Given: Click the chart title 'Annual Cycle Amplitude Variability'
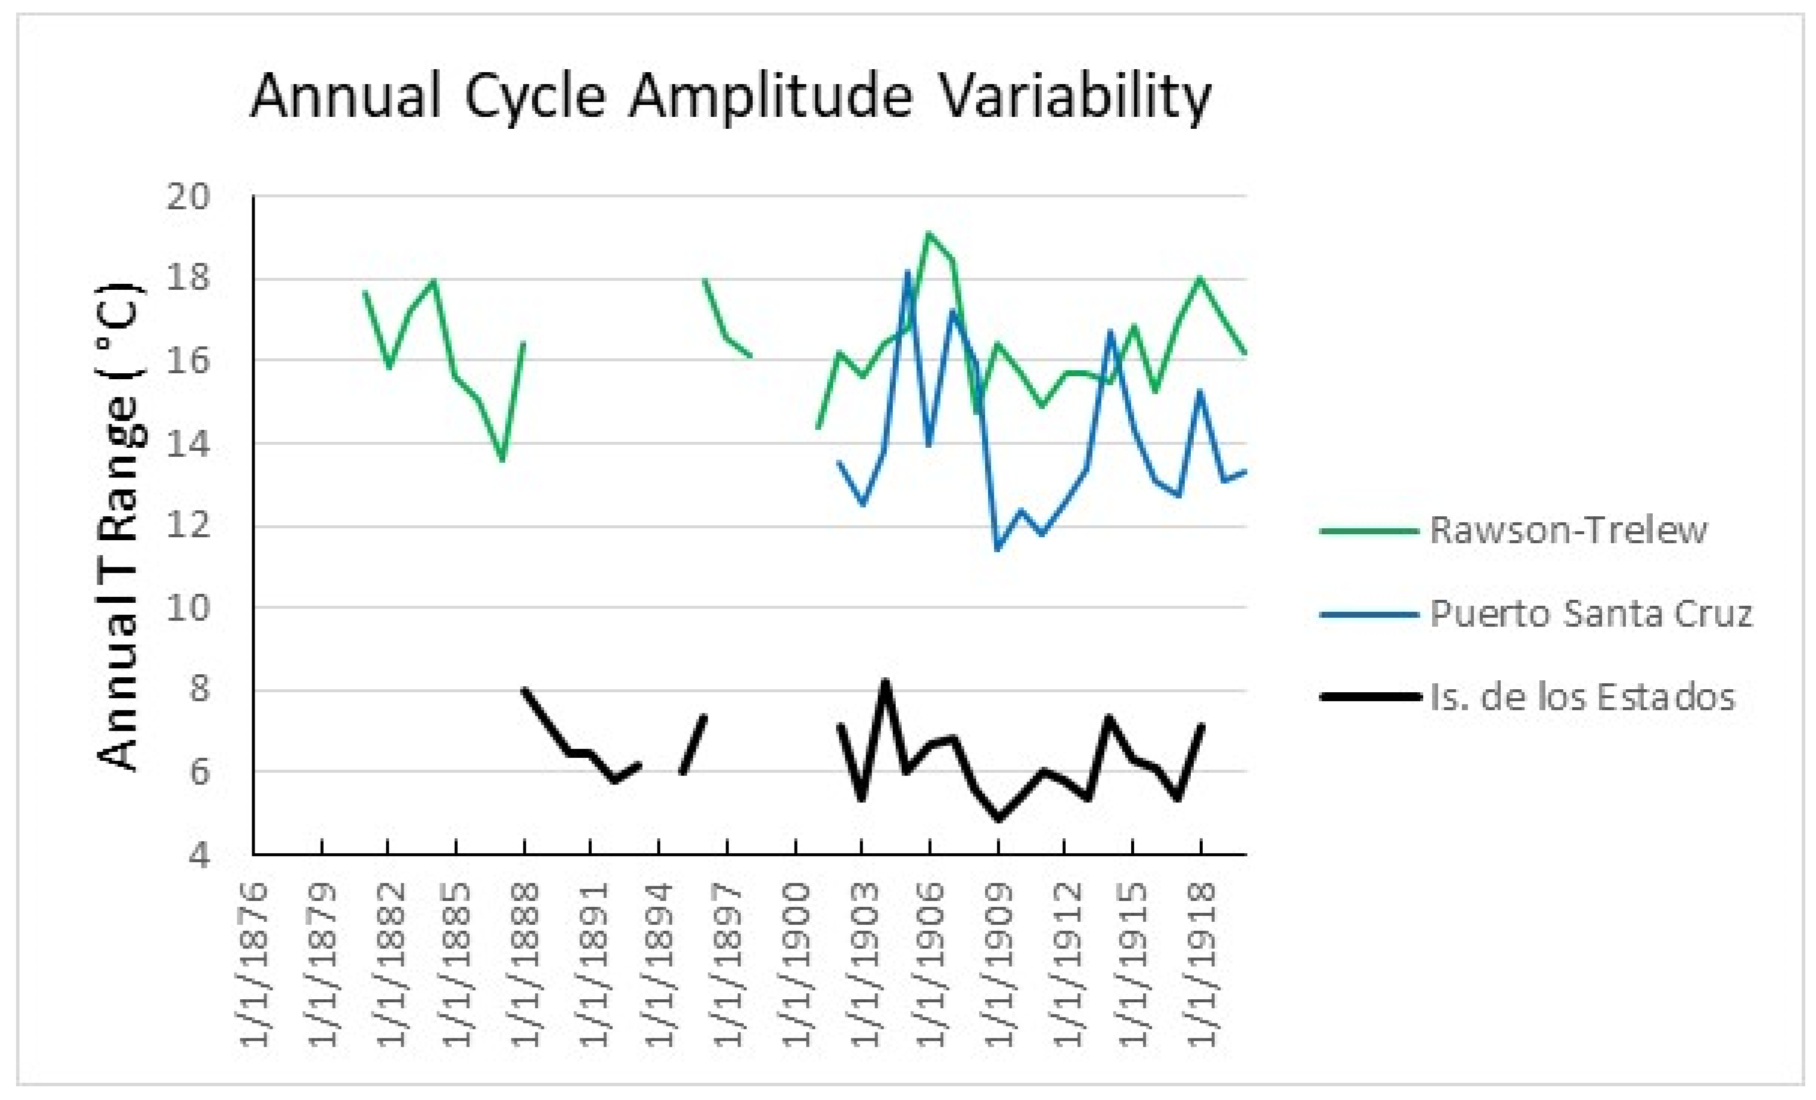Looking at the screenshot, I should click(731, 97).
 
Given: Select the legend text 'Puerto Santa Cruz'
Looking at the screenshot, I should click(1591, 613).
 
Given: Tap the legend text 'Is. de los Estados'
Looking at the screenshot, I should click(1582, 697).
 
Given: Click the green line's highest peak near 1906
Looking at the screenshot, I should click(929, 234).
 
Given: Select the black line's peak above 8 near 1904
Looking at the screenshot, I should click(885, 682).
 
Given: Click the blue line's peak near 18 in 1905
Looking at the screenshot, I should click(908, 272).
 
